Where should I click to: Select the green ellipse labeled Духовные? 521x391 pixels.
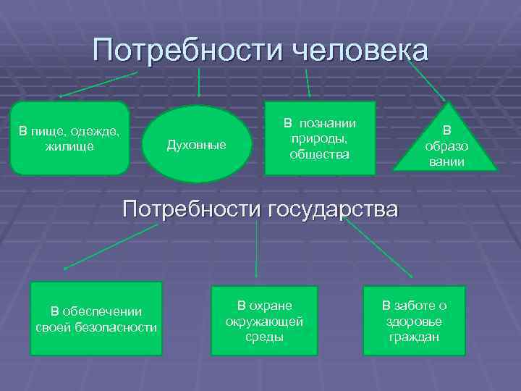click(x=197, y=143)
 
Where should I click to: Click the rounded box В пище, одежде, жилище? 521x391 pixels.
click(x=70, y=138)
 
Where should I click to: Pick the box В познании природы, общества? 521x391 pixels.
click(x=320, y=138)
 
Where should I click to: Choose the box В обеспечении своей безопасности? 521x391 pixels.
click(x=96, y=319)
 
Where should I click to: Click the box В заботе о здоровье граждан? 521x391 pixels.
click(x=414, y=320)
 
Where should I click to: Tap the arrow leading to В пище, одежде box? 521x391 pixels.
click(x=98, y=84)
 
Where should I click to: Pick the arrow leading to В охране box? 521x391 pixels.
click(x=257, y=248)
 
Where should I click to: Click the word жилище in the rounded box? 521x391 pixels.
click(x=69, y=146)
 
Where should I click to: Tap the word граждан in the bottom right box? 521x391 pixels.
click(x=414, y=337)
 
